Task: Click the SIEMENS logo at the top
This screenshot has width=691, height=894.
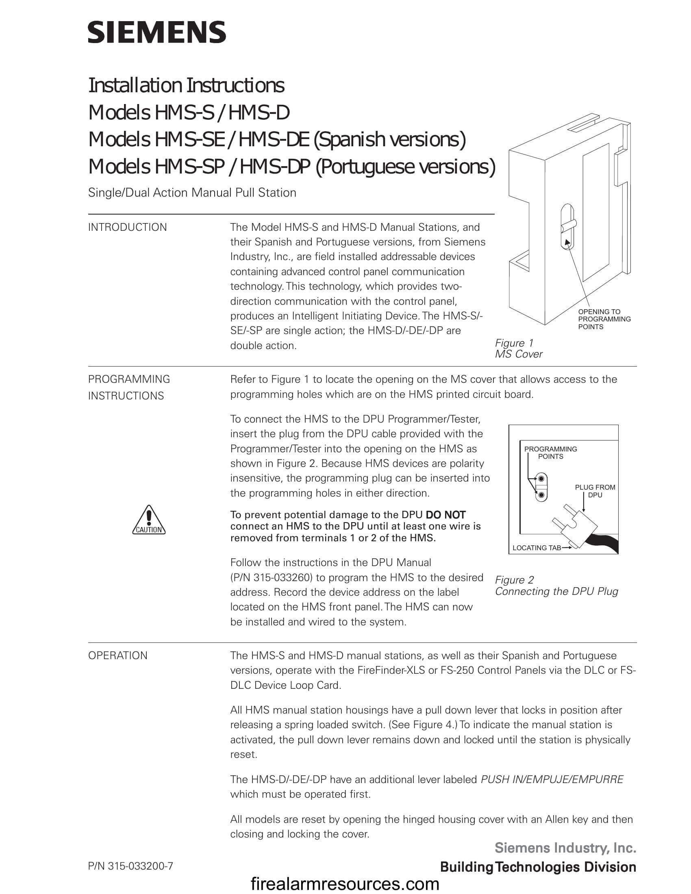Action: [x=157, y=33]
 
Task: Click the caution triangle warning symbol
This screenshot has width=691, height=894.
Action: [x=149, y=520]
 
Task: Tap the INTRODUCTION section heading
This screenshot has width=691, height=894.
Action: [x=127, y=228]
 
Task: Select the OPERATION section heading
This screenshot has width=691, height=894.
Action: [x=117, y=656]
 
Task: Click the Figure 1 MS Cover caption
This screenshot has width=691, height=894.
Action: [x=518, y=348]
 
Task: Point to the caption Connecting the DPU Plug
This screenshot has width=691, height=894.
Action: [x=556, y=592]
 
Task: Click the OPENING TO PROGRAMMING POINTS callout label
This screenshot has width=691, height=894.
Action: [x=604, y=319]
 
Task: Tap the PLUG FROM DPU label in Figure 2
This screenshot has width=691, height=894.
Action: [x=595, y=491]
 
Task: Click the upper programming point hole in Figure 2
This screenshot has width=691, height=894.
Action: [x=541, y=479]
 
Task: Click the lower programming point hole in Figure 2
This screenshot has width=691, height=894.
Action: [x=541, y=495]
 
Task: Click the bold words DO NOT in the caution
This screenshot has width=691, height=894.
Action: [x=445, y=515]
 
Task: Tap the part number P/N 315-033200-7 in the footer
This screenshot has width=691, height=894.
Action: [x=130, y=866]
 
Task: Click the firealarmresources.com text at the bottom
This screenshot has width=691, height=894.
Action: [x=345, y=884]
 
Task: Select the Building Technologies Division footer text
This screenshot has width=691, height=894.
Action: [x=538, y=867]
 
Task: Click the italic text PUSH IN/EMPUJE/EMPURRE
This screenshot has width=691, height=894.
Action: [x=552, y=779]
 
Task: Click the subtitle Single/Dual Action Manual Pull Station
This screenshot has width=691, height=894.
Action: [x=192, y=193]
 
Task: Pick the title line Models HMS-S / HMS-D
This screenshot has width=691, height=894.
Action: [x=189, y=113]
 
